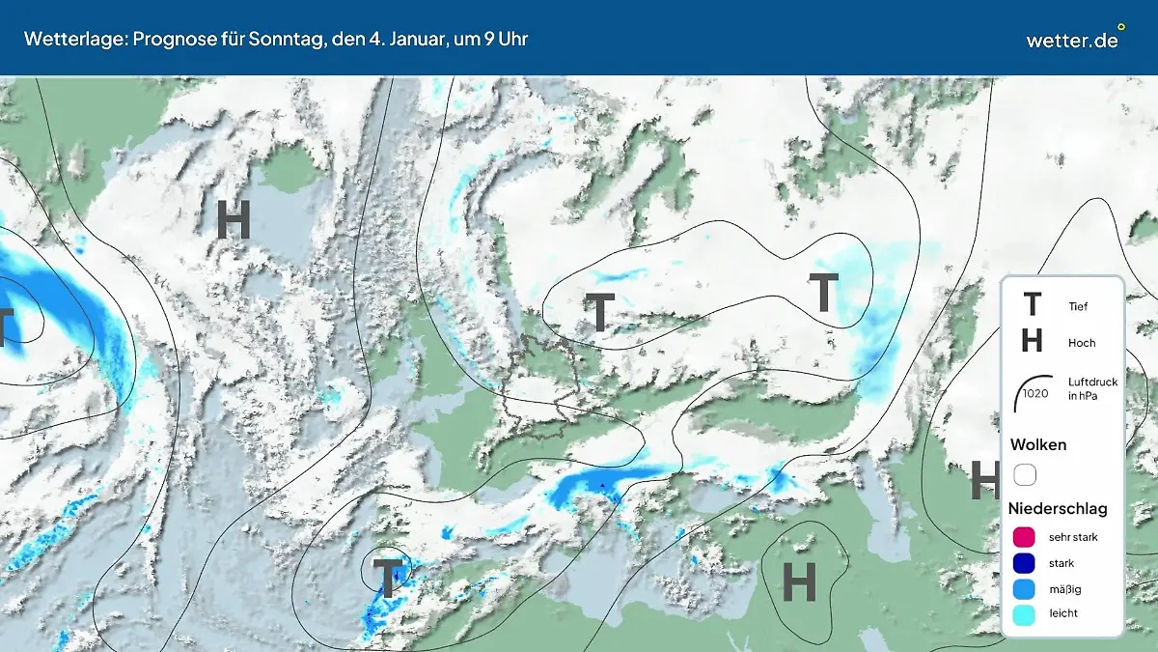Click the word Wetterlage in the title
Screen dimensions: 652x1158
(69, 39)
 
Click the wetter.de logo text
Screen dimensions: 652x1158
(1071, 41)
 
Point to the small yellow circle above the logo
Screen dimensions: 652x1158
(1120, 27)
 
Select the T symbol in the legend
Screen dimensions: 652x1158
(1032, 306)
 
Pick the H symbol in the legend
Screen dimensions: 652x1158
(1032, 341)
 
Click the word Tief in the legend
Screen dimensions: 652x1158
(1078, 307)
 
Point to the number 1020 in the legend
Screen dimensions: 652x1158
(1035, 393)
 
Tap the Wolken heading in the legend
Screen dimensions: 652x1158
(1038, 444)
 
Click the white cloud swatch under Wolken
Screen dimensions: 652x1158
(1025, 474)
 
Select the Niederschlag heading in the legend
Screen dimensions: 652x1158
(1058, 508)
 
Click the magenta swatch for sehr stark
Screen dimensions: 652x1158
(1025, 537)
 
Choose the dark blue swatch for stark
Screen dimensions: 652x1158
(1025, 563)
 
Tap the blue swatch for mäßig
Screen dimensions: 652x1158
(1025, 588)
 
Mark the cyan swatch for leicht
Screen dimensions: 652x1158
(1025, 613)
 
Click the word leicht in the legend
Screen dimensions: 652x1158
(1063, 613)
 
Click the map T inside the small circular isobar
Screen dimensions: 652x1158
(387, 579)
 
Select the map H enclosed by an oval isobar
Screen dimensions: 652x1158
(798, 581)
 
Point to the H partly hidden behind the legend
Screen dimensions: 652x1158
(984, 479)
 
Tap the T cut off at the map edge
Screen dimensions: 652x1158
(5, 326)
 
